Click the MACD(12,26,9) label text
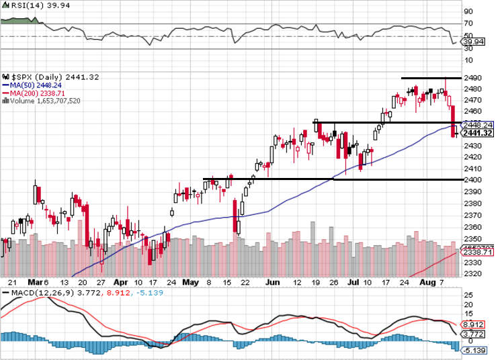32,294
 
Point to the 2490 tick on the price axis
472,78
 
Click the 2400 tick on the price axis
472,180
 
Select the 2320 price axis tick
472,273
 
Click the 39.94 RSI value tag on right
475,42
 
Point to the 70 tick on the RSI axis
468,25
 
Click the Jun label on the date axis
274,283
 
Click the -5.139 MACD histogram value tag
478,351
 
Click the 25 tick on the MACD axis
468,294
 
